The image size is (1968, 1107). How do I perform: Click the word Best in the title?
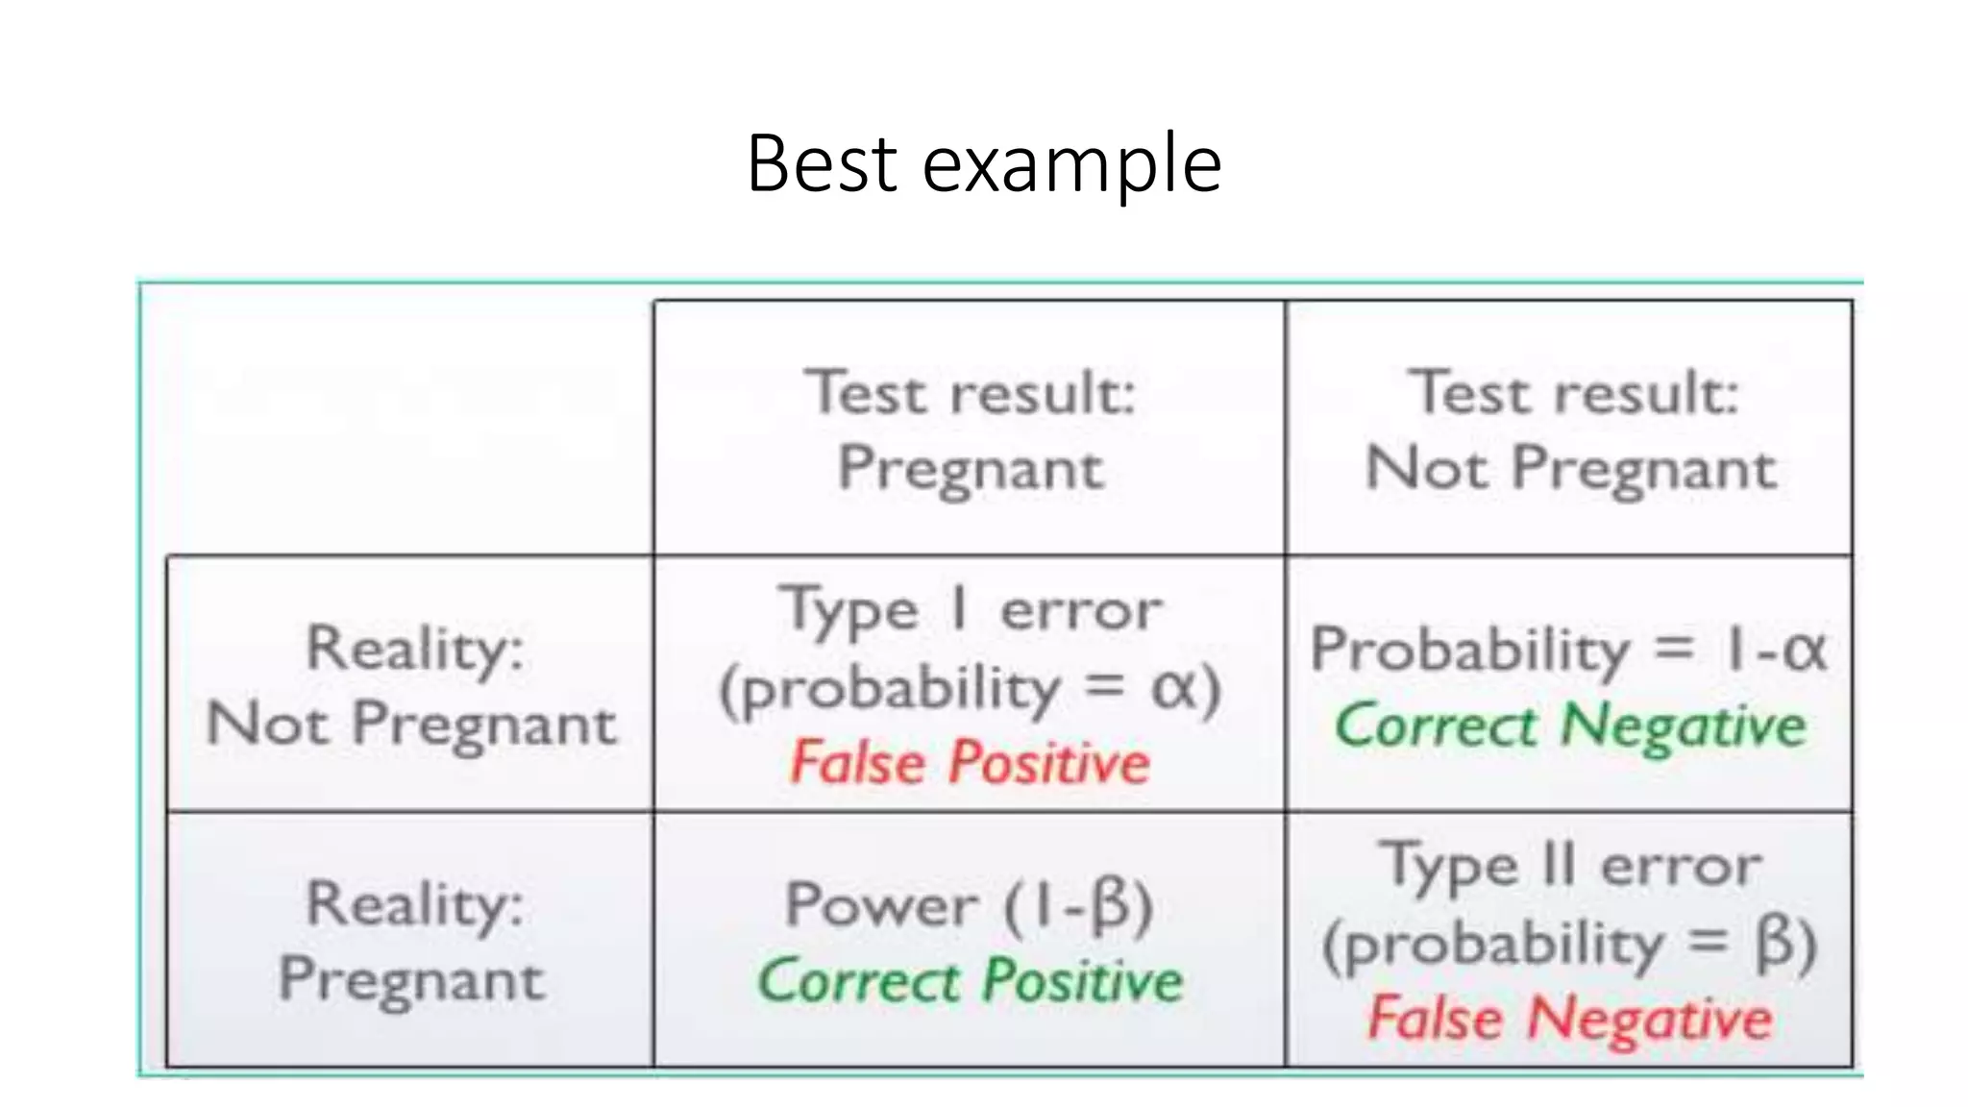coord(822,163)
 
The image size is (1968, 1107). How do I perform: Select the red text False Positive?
coord(970,763)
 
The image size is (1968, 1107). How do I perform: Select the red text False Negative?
coord(1569,1019)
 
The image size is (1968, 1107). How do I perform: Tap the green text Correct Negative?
coord(1570,726)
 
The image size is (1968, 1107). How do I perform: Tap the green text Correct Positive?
coord(970,981)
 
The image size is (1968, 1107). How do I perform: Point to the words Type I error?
coord(970,610)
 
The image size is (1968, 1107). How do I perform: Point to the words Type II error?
coord(1570,866)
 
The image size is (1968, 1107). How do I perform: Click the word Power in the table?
coord(881,905)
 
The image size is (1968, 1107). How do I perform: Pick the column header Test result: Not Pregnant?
coord(1570,430)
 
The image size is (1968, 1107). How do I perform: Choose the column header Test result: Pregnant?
coord(970,430)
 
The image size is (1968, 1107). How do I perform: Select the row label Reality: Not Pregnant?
coord(411,684)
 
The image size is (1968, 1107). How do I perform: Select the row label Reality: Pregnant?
coord(411,941)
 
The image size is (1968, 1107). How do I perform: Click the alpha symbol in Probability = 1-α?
coord(1804,651)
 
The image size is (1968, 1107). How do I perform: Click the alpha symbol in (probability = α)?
coord(1173,688)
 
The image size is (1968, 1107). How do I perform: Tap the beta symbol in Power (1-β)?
coord(1110,905)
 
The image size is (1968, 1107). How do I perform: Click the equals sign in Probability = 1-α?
coord(1673,649)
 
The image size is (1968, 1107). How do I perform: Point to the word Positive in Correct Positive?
coord(1082,981)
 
